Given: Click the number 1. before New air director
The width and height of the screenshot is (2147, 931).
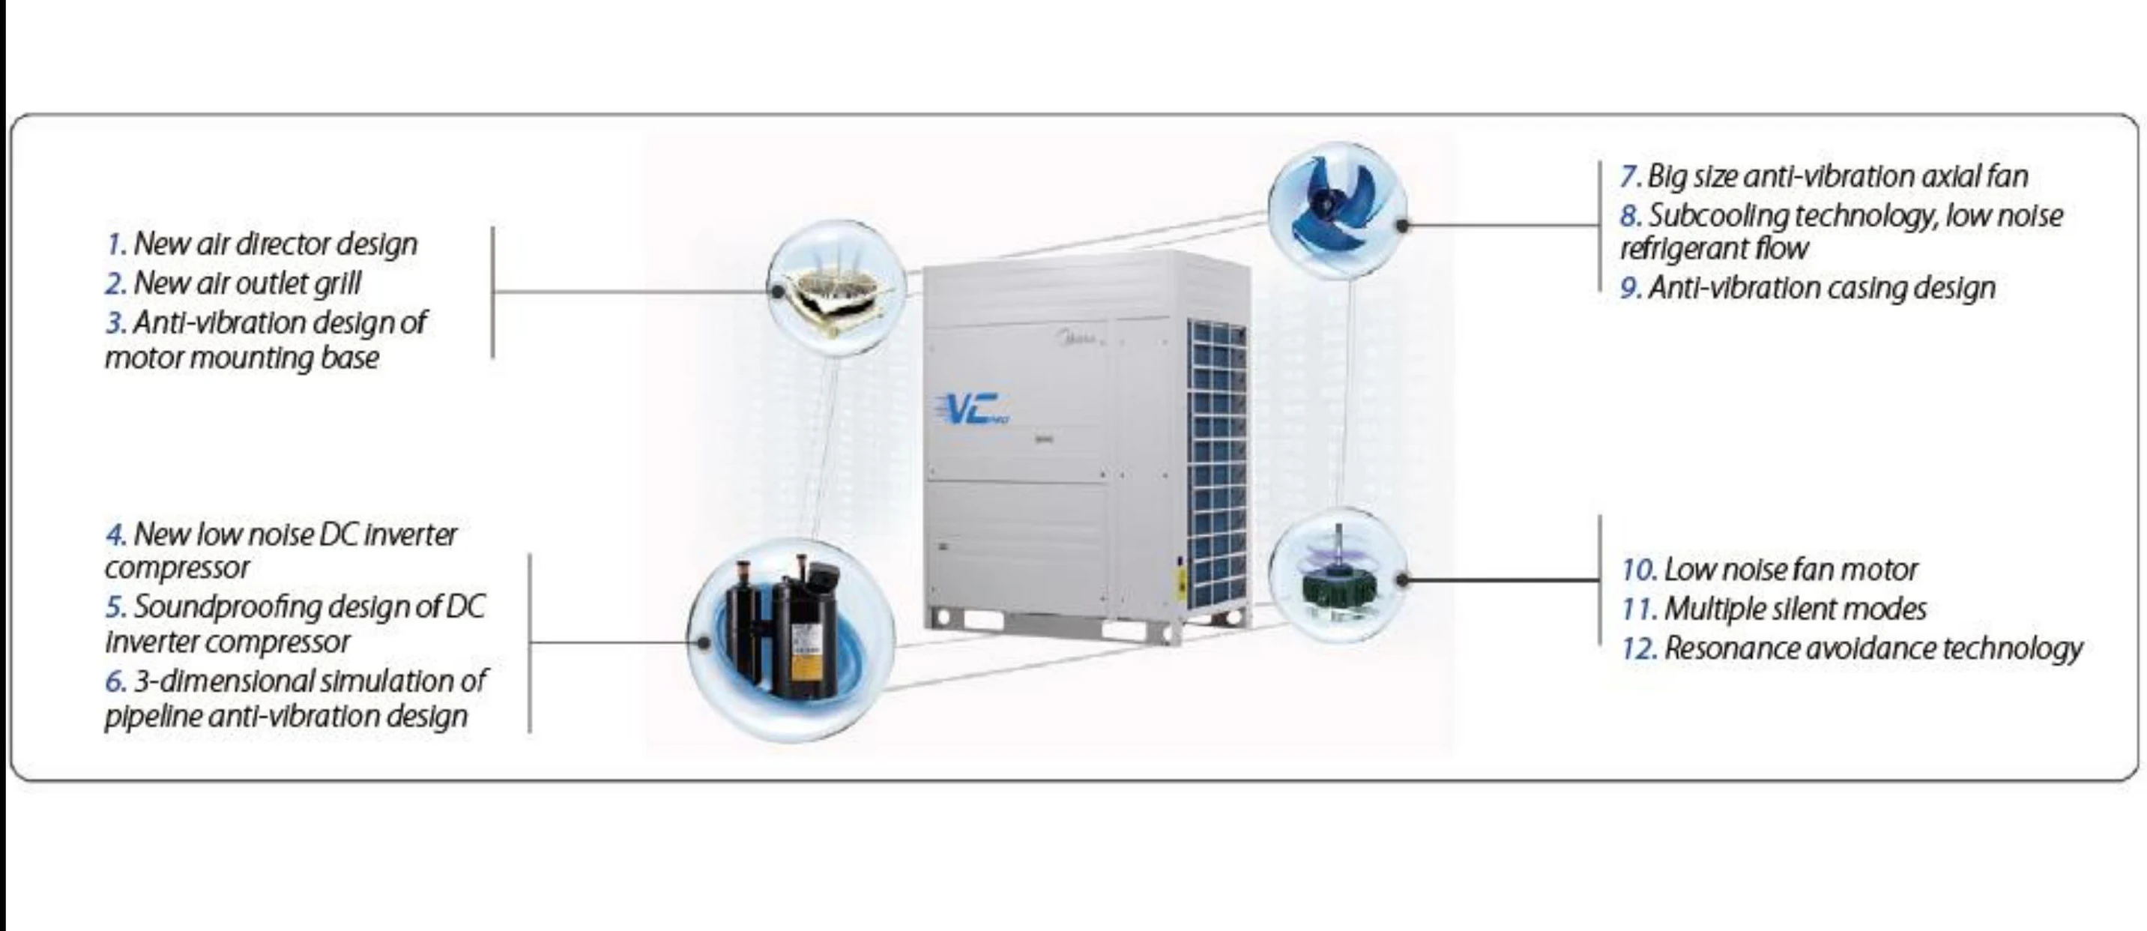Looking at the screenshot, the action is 117,245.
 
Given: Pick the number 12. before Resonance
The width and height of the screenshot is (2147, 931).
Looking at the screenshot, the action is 1640,648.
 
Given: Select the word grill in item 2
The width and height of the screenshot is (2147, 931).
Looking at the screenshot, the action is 336,284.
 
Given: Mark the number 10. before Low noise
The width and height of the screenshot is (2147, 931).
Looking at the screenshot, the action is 1640,570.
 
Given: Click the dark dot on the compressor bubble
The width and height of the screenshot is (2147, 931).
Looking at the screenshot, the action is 704,642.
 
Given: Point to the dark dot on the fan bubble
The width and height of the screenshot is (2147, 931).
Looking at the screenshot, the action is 1403,225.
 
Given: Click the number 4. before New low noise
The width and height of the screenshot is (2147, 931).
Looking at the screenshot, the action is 116,534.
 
